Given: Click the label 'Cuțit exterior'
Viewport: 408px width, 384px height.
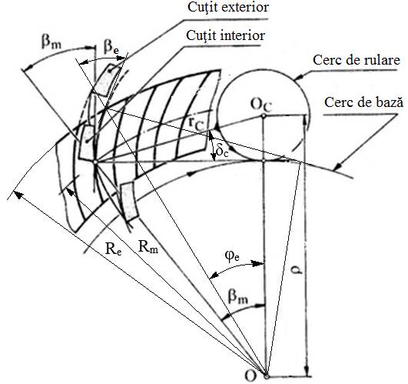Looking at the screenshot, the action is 228,7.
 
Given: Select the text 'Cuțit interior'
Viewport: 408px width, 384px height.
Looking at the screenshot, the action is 226,35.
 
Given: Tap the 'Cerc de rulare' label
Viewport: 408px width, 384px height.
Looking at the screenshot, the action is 357,60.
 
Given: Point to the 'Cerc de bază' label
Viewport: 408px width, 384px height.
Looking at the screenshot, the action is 363,102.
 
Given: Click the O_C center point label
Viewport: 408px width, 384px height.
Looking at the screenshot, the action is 261,105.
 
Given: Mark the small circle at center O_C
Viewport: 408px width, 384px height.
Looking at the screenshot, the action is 264,115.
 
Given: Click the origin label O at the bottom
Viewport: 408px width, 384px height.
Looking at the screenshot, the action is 250,376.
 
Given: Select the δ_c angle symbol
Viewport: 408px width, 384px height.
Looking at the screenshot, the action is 222,152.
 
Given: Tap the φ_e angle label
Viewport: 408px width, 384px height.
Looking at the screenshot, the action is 232,255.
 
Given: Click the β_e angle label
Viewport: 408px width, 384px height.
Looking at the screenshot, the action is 111,47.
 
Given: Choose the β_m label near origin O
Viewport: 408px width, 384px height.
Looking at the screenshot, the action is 238,296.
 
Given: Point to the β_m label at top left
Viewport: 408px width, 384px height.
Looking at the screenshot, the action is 51,42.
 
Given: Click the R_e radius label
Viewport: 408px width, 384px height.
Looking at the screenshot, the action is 114,249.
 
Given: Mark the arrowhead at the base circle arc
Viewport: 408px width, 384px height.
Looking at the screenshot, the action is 338,166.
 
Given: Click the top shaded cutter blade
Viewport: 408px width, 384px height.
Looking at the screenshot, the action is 107,80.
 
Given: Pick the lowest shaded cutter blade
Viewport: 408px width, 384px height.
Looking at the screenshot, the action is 128,201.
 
